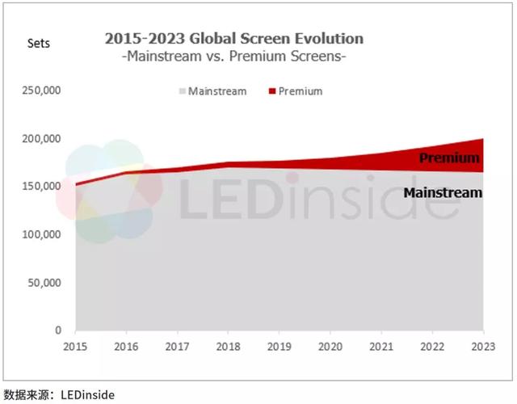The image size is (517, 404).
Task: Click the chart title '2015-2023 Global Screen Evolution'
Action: [234, 39]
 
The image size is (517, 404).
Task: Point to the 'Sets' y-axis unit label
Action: [38, 44]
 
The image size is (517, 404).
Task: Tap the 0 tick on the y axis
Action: [58, 330]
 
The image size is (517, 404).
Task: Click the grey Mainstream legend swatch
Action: [181, 91]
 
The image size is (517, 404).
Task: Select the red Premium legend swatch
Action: [271, 91]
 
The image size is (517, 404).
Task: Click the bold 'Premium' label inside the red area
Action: [449, 158]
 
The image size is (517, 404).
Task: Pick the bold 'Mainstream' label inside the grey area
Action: [442, 193]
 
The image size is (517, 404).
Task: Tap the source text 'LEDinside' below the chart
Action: [84, 395]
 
